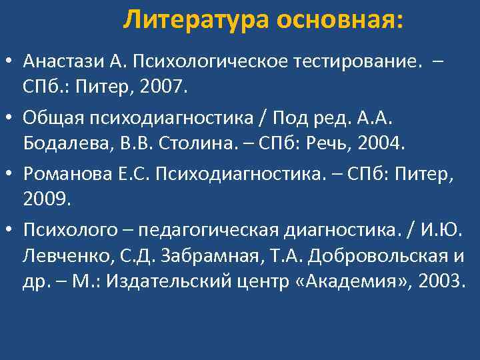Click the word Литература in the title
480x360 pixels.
[197, 21]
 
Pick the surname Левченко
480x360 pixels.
[58, 254]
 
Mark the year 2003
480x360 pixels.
[437, 279]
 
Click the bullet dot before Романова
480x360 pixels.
[12, 175]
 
